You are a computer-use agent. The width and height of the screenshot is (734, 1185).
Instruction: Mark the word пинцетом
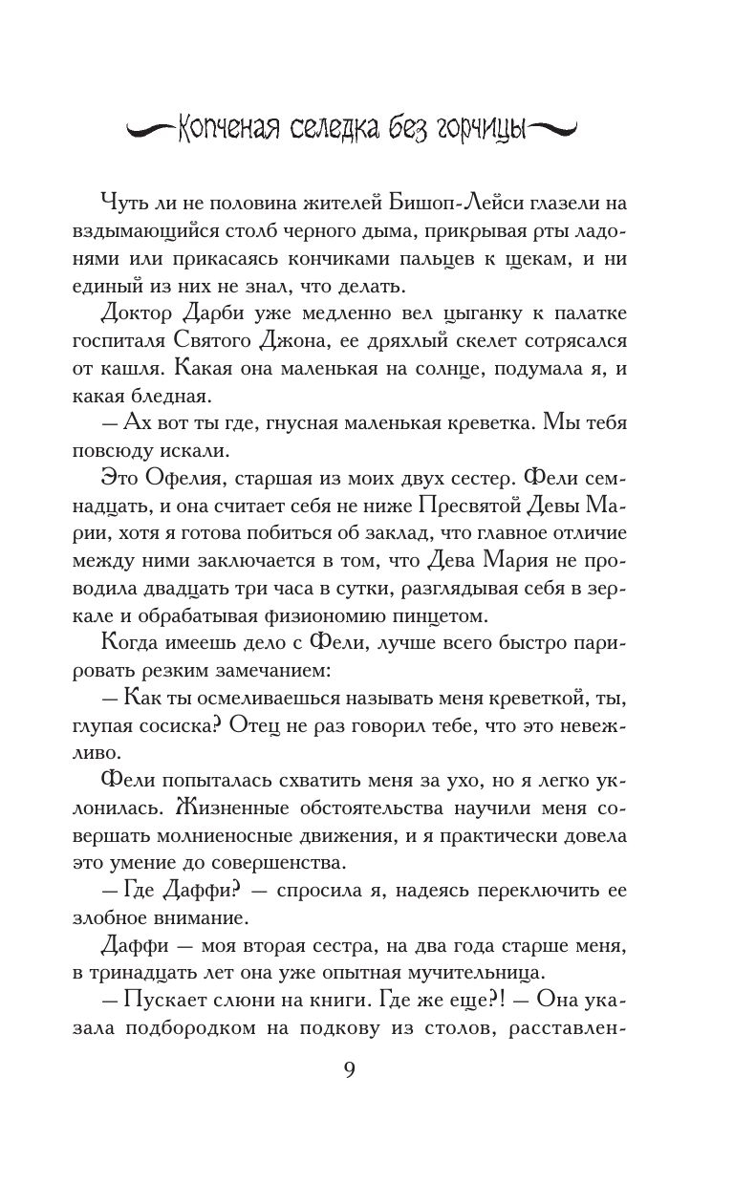(x=512, y=615)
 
